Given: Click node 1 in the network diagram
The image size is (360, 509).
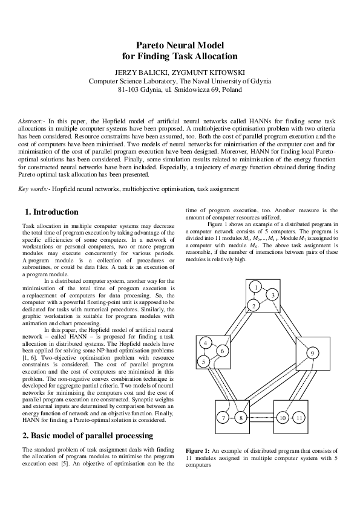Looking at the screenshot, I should pyautogui.click(x=257, y=287).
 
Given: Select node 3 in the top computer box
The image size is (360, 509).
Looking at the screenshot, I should pyautogui.click(x=273, y=295).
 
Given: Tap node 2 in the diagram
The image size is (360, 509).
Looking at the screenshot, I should pyautogui.click(x=254, y=306).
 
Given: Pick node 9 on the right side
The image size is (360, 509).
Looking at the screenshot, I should pyautogui.click(x=312, y=353).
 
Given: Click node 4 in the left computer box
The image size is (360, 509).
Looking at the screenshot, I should pyautogui.click(x=206, y=343).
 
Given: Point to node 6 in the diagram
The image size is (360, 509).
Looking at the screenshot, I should pyautogui.click(x=222, y=351).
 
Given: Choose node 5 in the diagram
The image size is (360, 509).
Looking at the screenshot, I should pyautogui.click(x=205, y=361).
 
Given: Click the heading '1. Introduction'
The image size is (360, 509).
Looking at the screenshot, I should pyautogui.click(x=51, y=212).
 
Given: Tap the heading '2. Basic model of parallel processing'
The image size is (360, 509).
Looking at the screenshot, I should pyautogui.click(x=88, y=435).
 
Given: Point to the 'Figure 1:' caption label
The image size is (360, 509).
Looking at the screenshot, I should pyautogui.click(x=197, y=451).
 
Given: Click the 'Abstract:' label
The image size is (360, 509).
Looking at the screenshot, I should pyautogui.click(x=31, y=122).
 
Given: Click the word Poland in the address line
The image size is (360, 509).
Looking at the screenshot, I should pyautogui.click(x=232, y=89).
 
